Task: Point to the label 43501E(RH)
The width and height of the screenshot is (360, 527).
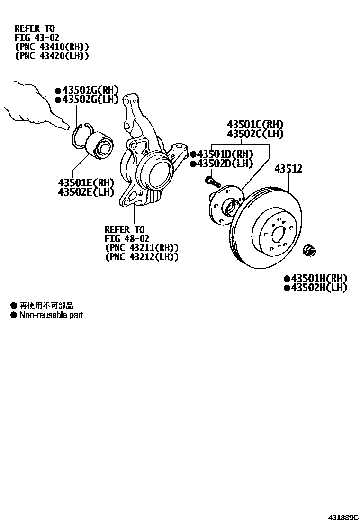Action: point(86,182)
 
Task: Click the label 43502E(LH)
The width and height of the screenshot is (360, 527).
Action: point(86,191)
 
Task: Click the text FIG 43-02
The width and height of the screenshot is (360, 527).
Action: point(37,37)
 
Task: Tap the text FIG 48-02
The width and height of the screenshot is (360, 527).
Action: point(127,238)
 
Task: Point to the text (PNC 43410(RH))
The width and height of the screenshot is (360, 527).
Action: point(52,46)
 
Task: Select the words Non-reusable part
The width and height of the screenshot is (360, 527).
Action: point(51,315)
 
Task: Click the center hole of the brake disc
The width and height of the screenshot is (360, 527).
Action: point(279,233)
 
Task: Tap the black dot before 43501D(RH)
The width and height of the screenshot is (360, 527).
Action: point(193,154)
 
